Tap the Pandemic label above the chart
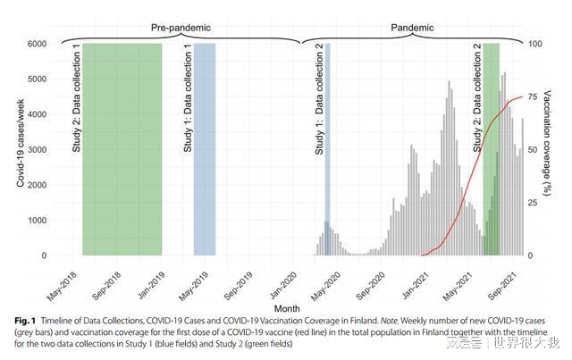tap(413, 28)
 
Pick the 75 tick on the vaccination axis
tap(534, 96)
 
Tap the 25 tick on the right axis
tap(534, 203)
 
